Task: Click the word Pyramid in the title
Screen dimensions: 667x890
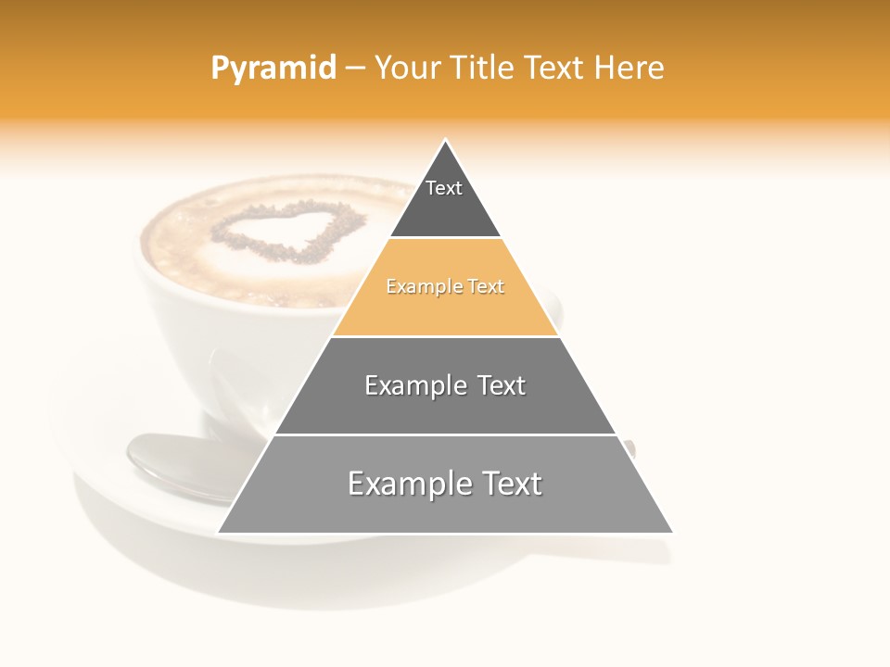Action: click(273, 69)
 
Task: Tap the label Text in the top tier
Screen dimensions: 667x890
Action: click(444, 188)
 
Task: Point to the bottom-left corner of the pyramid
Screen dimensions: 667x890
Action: click(219, 533)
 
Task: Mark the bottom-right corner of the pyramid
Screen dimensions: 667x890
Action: click(672, 533)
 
